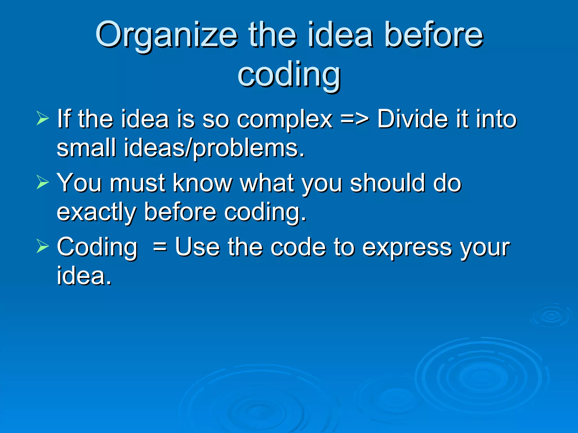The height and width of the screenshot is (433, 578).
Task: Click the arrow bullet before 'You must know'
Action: [x=43, y=182]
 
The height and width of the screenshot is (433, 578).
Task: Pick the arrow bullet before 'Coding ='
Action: [x=43, y=246]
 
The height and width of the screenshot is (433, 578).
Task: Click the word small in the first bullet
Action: [x=86, y=148]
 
